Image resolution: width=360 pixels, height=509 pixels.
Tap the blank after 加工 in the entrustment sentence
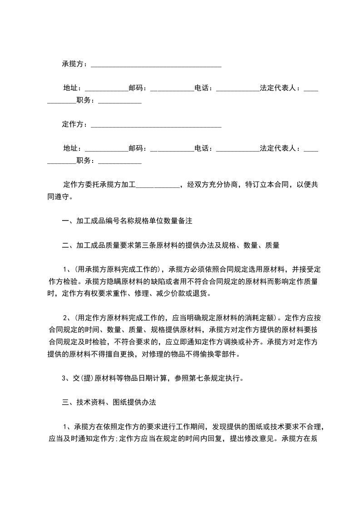[158, 186]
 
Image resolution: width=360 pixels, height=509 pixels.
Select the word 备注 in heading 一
[186, 222]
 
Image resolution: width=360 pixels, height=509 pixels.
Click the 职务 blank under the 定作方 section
[120, 161]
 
